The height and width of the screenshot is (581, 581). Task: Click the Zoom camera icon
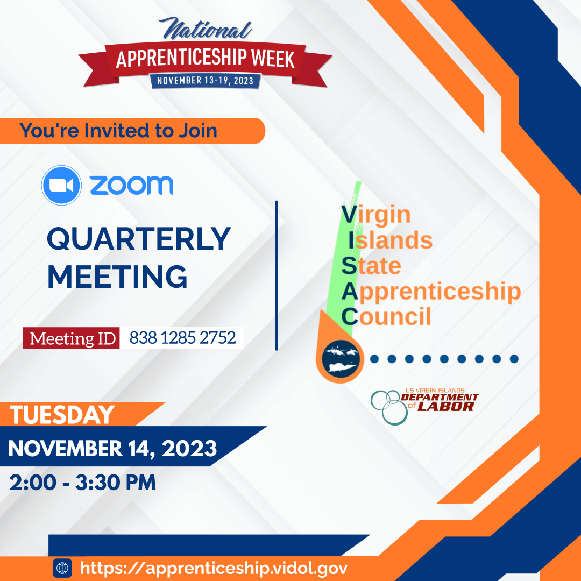click(x=61, y=185)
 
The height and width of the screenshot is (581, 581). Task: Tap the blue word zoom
click(x=132, y=185)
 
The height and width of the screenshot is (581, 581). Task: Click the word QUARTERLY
click(x=139, y=239)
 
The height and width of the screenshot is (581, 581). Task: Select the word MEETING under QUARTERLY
click(x=117, y=277)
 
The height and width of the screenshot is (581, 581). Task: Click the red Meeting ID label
click(x=71, y=338)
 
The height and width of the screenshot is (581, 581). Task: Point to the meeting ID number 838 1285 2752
click(x=183, y=337)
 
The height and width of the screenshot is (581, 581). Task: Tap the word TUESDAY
click(x=62, y=415)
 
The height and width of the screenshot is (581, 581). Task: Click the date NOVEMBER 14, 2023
click(x=112, y=448)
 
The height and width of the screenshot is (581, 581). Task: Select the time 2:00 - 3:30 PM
click(x=83, y=483)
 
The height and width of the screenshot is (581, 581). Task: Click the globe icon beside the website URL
click(x=62, y=568)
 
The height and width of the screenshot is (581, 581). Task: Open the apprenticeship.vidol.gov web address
click(x=214, y=568)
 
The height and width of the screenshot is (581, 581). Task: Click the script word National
click(x=206, y=29)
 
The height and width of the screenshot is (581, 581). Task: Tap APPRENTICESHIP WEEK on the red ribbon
click(x=206, y=58)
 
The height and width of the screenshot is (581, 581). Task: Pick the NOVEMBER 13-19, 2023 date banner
click(x=206, y=81)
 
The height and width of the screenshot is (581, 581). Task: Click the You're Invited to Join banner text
click(x=118, y=130)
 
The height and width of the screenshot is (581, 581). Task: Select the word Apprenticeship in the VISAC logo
click(x=431, y=291)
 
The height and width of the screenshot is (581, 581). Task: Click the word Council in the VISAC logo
click(x=386, y=316)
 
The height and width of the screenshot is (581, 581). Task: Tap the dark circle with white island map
click(x=341, y=359)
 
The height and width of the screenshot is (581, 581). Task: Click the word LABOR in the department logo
click(x=446, y=407)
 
